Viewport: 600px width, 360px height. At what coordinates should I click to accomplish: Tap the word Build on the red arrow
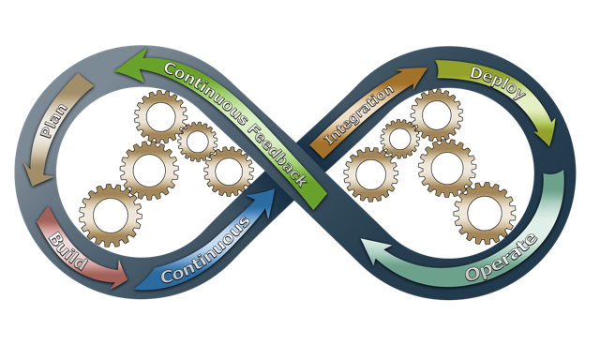(67, 247)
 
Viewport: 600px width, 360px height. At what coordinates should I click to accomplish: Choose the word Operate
(502, 259)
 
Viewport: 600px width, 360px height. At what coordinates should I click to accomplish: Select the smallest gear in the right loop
(400, 140)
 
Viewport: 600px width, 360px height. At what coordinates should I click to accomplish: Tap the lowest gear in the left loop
(110, 214)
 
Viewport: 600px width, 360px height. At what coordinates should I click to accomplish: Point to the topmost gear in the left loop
(159, 116)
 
